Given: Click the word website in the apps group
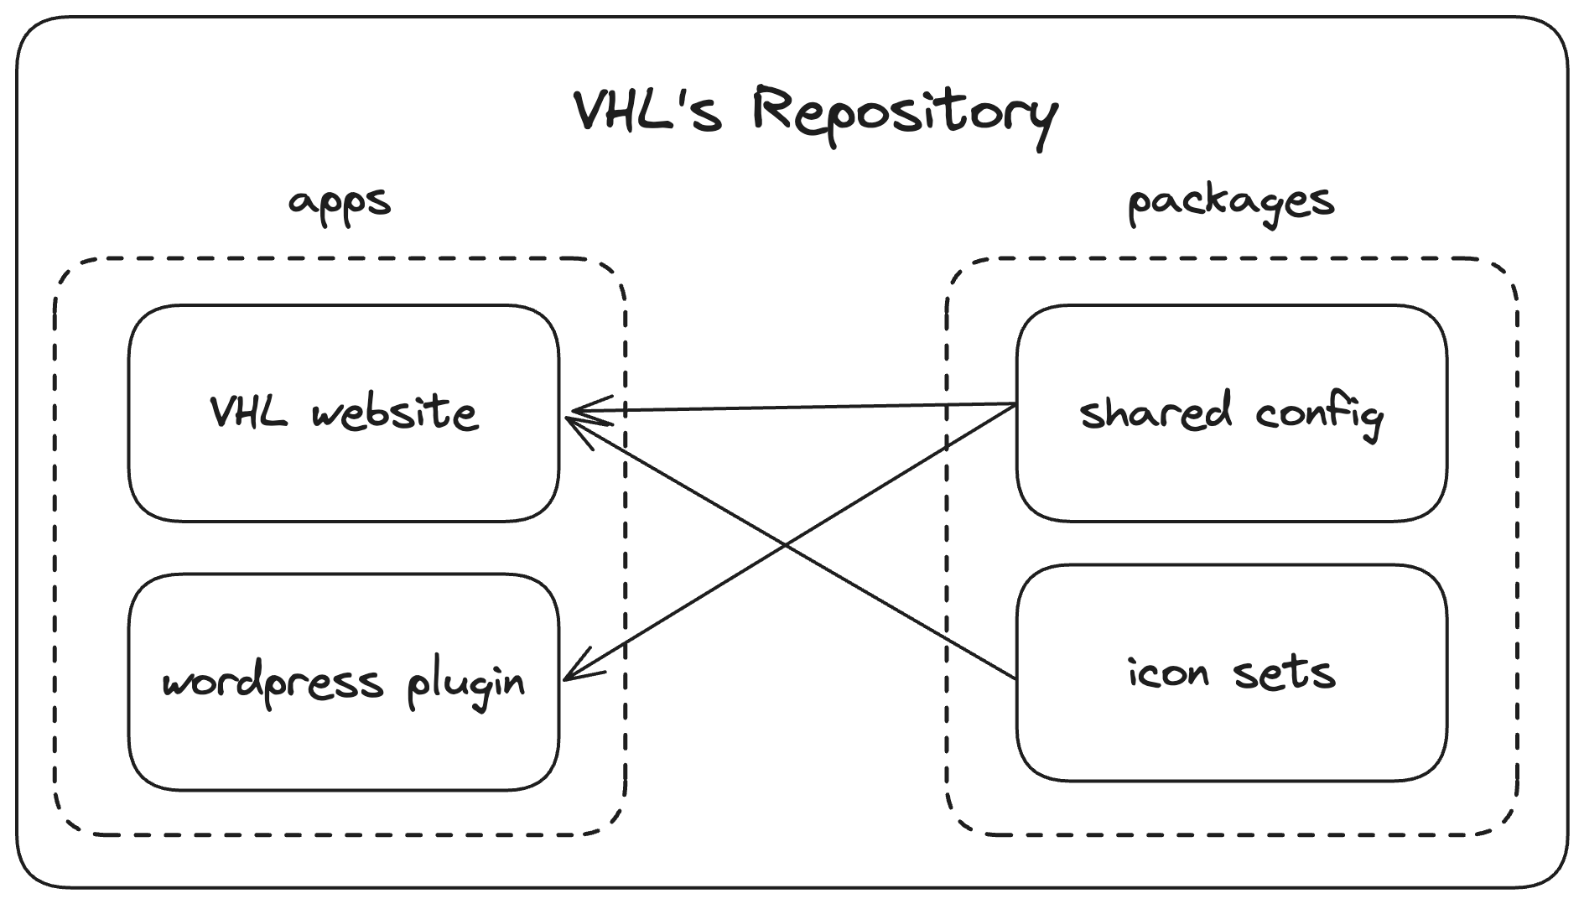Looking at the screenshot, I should point(394,413).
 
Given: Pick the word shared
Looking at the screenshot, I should point(1156,413).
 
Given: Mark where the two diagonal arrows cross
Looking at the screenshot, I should point(786,547).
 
